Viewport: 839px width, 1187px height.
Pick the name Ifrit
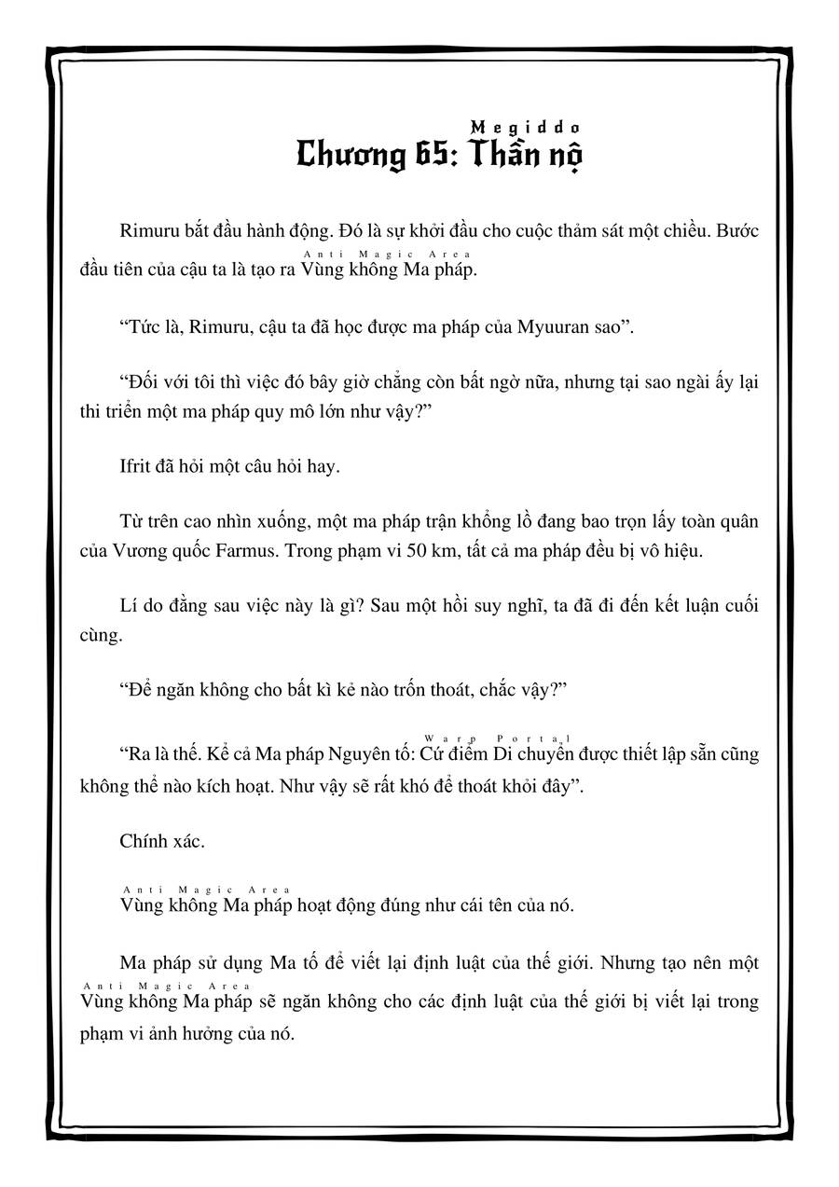point(139,466)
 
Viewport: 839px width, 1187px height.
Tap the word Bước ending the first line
point(736,231)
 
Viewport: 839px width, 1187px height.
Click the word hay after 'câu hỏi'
point(324,466)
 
